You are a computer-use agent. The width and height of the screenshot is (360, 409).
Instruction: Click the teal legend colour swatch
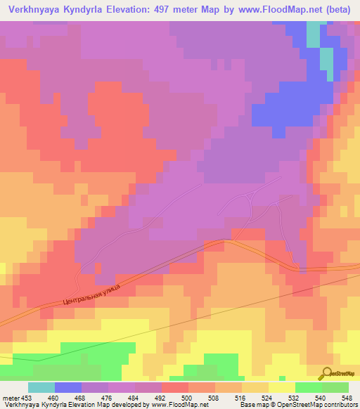coord(41,387)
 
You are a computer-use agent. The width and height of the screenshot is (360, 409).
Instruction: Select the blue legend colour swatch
coord(68,387)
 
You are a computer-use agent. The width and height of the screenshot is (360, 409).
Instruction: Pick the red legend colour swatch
coord(175,387)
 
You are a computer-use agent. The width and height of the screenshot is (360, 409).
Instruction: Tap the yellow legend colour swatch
coord(282,387)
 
